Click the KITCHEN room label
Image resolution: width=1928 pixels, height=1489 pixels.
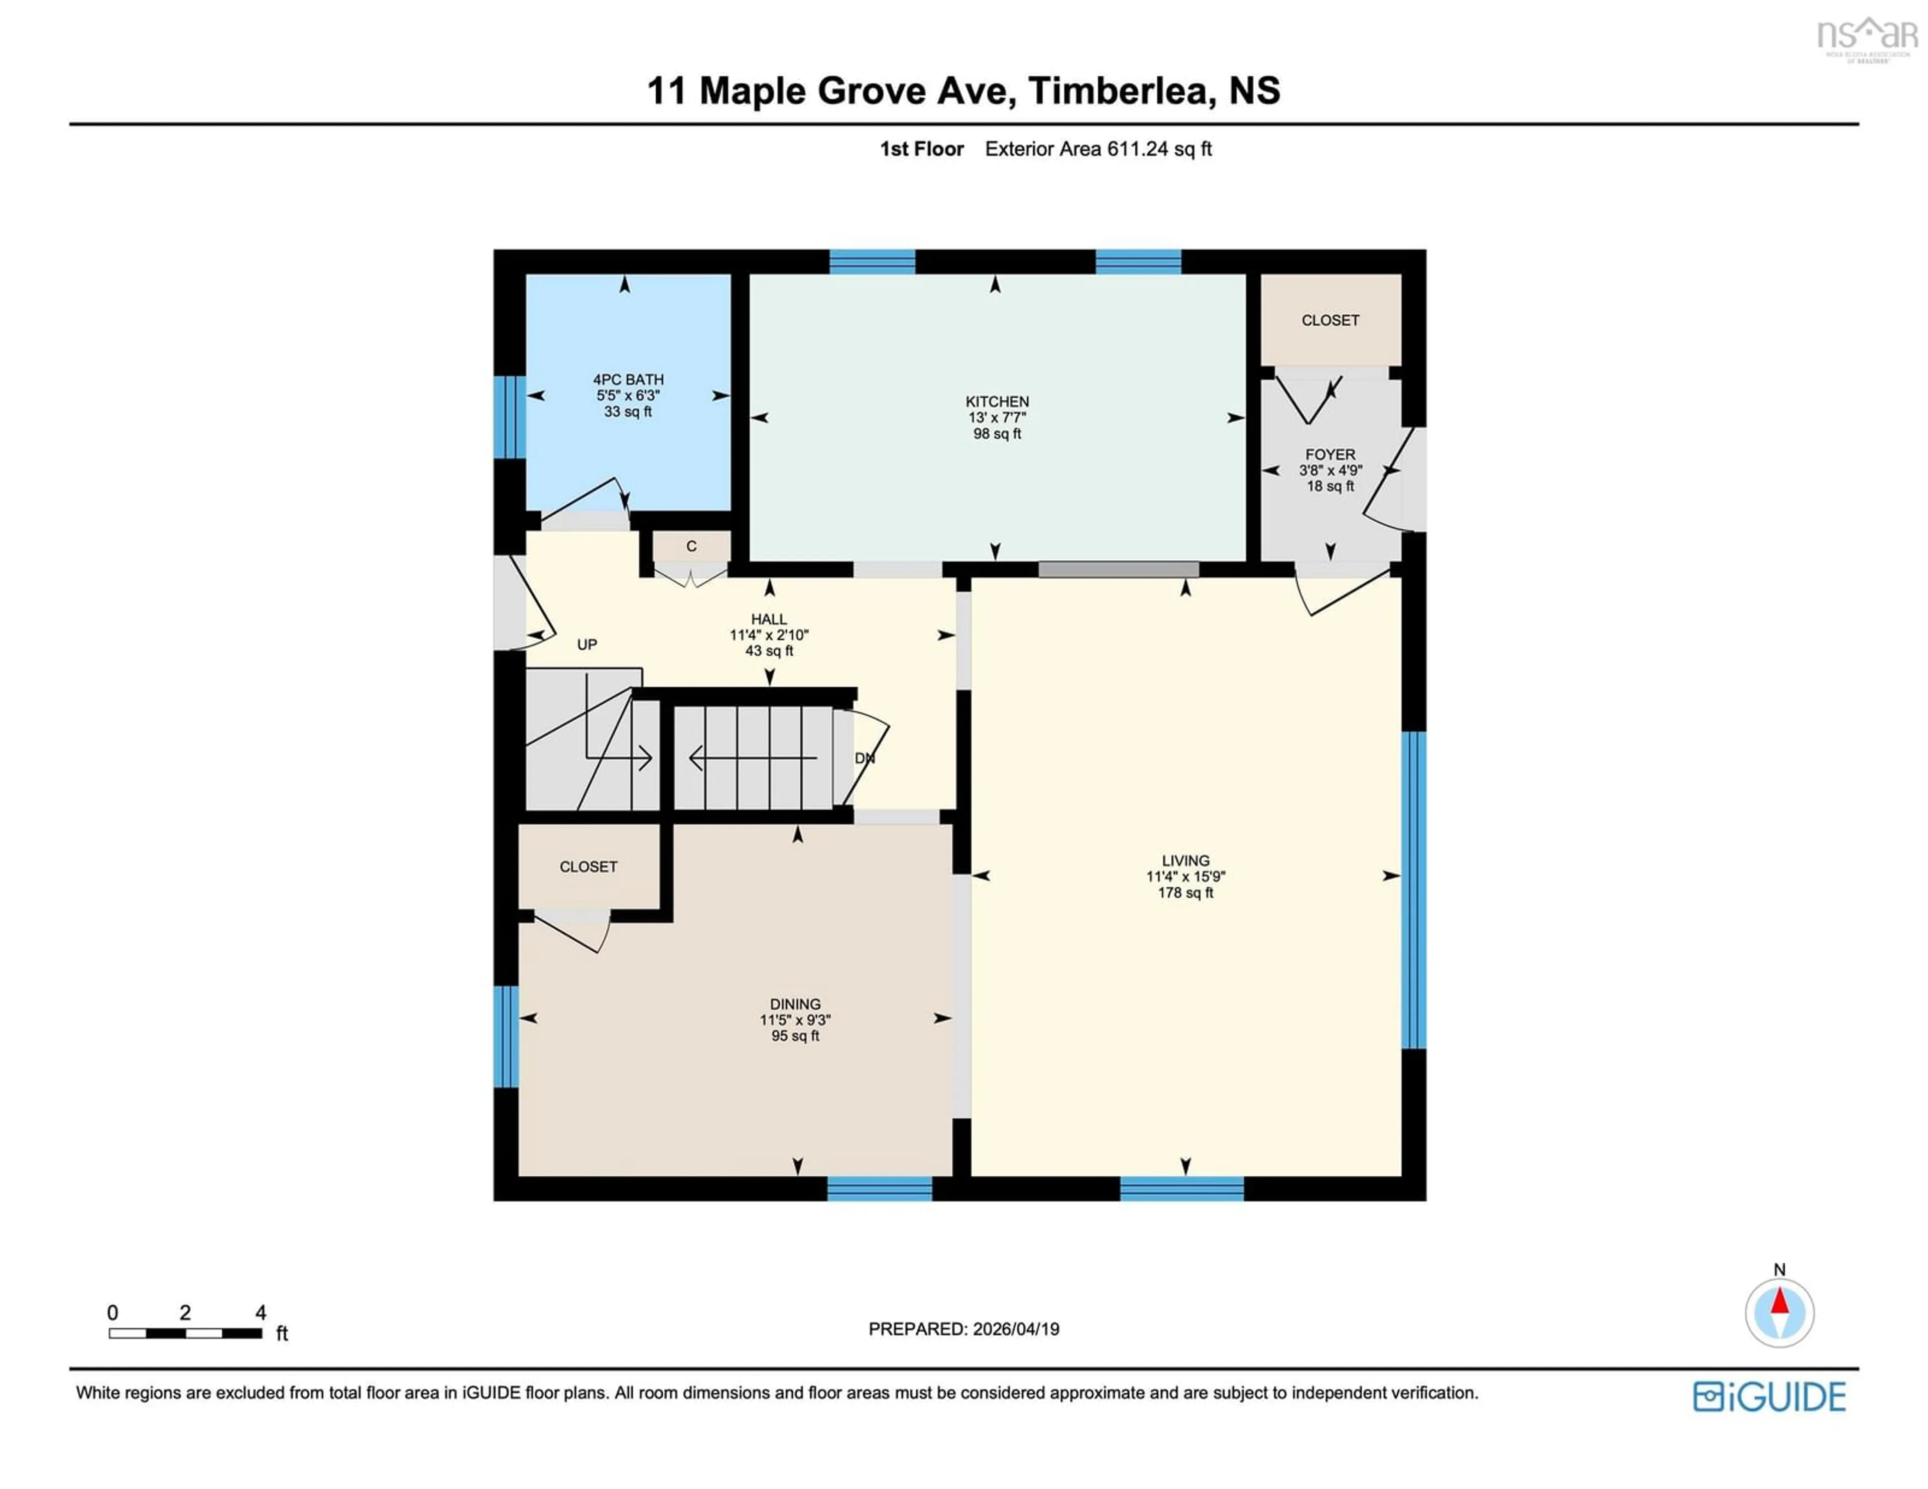(997, 402)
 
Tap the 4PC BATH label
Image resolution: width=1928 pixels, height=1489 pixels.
(628, 380)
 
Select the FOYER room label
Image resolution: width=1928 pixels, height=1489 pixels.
(1330, 454)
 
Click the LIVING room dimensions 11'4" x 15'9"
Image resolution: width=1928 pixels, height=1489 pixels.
(1185, 877)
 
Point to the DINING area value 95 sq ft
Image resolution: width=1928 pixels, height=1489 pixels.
(794, 1036)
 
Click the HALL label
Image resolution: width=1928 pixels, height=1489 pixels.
(768, 619)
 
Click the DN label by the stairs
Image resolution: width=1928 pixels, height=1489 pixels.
(864, 758)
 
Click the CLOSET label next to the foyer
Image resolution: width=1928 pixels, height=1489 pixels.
(1330, 320)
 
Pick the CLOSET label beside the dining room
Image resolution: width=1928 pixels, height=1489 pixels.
(588, 867)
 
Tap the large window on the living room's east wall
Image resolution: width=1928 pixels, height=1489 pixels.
(1413, 890)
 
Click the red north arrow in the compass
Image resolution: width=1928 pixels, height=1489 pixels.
(1779, 1302)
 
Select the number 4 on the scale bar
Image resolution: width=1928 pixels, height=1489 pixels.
(261, 1312)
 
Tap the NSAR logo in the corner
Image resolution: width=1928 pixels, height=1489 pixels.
(1866, 37)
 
